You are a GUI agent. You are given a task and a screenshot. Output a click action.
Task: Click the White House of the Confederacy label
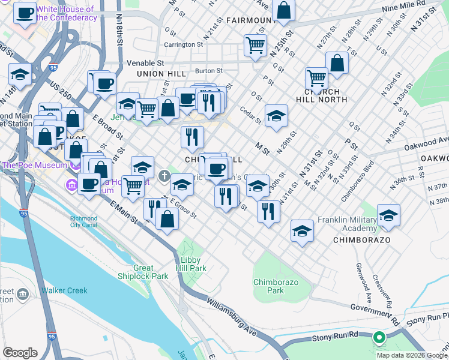(x=65, y=13)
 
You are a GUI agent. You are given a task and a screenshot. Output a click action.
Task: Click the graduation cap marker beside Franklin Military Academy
(x=388, y=215)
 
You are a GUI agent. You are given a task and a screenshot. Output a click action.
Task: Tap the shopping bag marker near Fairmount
(x=283, y=10)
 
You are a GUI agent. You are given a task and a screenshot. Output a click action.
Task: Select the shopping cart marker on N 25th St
(x=255, y=44)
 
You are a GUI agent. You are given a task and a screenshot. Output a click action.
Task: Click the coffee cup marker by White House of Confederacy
(x=25, y=13)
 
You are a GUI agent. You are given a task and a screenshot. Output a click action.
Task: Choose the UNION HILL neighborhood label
(x=158, y=74)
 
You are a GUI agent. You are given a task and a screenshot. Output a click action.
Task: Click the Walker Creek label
(x=64, y=291)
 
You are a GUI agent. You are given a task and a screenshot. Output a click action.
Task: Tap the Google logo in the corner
(x=20, y=353)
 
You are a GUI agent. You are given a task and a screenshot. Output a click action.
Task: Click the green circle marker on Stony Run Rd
(x=379, y=338)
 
